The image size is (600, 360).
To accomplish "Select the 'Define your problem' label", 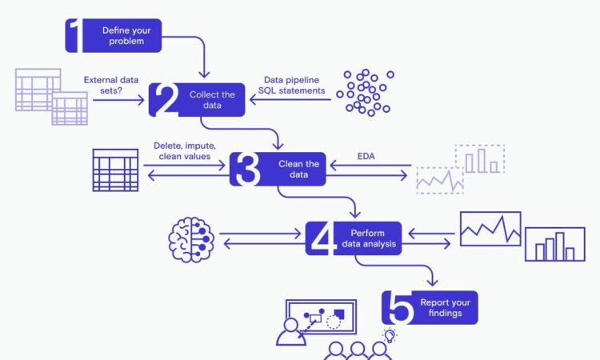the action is (x=126, y=35).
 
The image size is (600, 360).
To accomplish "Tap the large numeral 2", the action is (x=165, y=99).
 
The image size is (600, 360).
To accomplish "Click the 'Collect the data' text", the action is (x=212, y=100).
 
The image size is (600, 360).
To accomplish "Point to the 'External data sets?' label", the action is (x=111, y=85).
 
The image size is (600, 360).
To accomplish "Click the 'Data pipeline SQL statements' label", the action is (x=291, y=85).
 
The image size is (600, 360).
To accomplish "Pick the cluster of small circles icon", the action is (x=365, y=93).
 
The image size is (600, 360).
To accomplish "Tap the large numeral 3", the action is (x=247, y=169).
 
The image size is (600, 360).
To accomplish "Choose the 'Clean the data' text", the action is (x=298, y=169).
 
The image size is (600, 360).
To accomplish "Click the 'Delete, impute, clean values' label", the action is (x=185, y=150).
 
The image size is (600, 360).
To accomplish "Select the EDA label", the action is (x=366, y=156).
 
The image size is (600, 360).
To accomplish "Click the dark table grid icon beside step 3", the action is (x=115, y=170).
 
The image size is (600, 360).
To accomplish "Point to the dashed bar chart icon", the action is (x=480, y=158).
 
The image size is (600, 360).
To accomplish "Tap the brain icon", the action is (x=191, y=239).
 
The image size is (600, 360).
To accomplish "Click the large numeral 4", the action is (x=323, y=238).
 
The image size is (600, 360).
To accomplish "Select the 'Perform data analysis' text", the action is (x=369, y=238).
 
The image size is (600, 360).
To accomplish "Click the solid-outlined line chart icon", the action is (x=490, y=229).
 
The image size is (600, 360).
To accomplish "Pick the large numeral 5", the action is (x=401, y=307).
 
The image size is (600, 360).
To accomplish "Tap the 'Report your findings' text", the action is (x=445, y=307).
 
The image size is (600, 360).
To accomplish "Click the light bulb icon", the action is (x=390, y=335).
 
